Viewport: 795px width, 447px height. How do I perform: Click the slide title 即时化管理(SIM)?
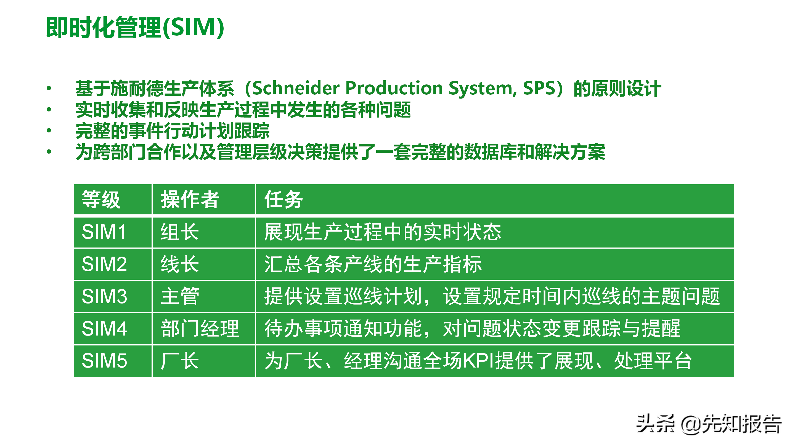135,28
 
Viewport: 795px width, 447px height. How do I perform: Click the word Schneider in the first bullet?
296,88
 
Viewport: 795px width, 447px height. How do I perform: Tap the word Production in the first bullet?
394,88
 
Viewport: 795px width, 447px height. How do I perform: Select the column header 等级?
101,199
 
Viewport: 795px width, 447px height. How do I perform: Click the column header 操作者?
190,199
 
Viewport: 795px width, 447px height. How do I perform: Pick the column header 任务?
283,199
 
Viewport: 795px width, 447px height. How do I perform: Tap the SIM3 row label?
104,296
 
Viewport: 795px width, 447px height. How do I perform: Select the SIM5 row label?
104,361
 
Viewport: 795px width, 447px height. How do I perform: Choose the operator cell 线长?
180,264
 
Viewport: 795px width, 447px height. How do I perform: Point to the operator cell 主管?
180,296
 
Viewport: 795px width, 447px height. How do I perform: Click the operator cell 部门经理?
200,329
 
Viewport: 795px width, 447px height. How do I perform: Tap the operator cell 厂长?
180,361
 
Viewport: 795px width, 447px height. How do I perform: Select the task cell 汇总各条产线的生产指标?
373,264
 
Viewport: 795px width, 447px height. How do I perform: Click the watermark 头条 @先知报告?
709,424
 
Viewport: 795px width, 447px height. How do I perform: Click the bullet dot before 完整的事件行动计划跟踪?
49,131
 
